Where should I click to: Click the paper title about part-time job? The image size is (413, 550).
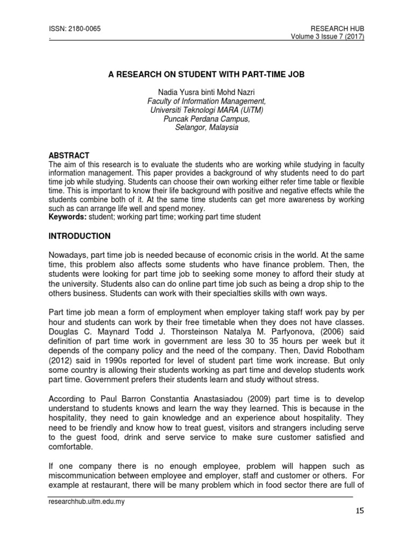(206, 75)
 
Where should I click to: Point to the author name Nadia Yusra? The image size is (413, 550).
(206, 92)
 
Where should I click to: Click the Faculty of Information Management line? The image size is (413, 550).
(206, 101)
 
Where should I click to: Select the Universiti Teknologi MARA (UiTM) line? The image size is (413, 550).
(206, 110)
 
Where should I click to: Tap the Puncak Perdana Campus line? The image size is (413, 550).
(206, 119)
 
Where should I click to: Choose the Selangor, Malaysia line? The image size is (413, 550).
(206, 128)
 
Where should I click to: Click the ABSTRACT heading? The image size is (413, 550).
(69, 155)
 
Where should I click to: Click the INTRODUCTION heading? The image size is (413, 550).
(80, 236)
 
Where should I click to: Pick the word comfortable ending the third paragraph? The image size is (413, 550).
(70, 446)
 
